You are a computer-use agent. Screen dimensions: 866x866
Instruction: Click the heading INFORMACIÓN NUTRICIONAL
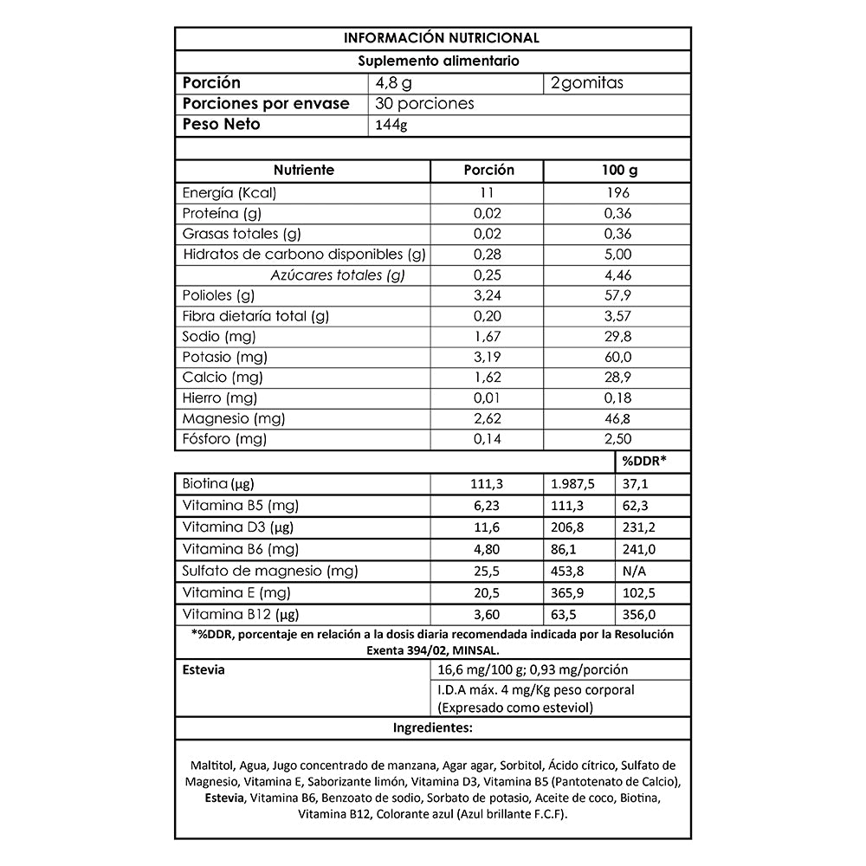[442, 38]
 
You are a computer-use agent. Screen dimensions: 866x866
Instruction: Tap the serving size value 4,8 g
[392, 83]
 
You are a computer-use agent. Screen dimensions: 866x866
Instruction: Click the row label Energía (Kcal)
[229, 192]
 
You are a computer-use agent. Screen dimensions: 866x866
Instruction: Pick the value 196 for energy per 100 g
[617, 192]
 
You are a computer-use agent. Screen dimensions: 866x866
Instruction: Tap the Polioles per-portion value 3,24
[488, 295]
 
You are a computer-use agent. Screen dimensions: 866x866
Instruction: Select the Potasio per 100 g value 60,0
[617, 357]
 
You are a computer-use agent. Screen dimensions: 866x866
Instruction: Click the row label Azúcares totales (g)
[338, 275]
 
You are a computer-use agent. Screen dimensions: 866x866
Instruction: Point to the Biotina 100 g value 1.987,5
[577, 483]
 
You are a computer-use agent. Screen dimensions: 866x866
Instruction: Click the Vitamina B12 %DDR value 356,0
[638, 615]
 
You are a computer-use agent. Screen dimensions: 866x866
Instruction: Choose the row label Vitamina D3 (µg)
[234, 527]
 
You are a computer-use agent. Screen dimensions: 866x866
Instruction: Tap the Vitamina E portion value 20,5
[488, 593]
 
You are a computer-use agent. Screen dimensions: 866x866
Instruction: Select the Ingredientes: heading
[433, 727]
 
